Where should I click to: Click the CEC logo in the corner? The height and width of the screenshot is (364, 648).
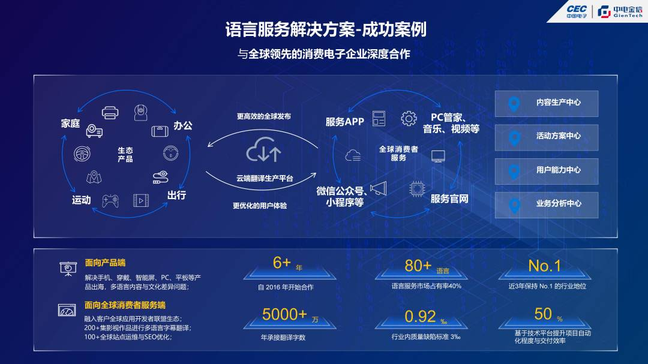(x=576, y=11)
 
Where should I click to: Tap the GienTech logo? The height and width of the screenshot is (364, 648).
(x=620, y=11)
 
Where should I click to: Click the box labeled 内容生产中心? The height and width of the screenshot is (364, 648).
(x=547, y=103)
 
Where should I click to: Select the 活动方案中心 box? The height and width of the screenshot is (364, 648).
(x=547, y=137)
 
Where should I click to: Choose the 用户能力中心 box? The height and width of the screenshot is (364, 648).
(x=547, y=171)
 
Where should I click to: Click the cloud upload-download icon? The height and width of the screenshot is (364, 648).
(x=263, y=150)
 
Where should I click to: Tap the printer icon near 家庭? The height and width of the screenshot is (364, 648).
(x=110, y=112)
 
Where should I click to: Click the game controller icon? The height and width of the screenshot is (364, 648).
(x=110, y=201)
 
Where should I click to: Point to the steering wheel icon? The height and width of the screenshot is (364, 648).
(x=82, y=154)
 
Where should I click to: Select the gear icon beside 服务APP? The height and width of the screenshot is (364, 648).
(x=409, y=119)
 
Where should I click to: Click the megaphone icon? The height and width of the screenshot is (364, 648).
(x=378, y=188)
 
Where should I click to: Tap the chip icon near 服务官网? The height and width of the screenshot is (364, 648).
(x=417, y=189)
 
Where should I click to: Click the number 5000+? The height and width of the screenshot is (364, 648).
(x=284, y=314)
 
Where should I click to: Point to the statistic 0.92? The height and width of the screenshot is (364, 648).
(x=420, y=317)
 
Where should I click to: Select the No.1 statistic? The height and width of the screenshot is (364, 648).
(x=544, y=266)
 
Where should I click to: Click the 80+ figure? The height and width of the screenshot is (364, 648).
(x=418, y=266)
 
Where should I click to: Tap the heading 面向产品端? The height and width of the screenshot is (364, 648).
(x=105, y=263)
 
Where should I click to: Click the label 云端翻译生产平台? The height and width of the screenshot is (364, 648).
(x=265, y=179)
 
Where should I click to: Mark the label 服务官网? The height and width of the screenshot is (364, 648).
(x=449, y=198)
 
